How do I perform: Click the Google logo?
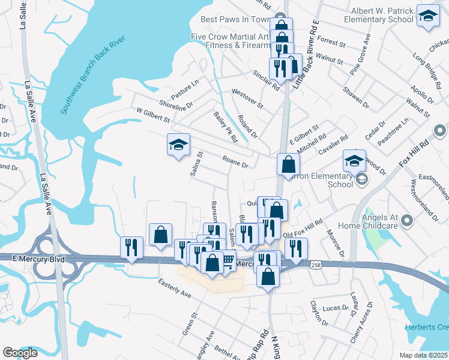tap(20, 353)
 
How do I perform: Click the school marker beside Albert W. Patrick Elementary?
tap(427, 17)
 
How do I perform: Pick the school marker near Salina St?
tap(178, 146)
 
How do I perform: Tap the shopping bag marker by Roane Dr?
tap(289, 165)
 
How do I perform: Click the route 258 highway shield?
tap(317, 264)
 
